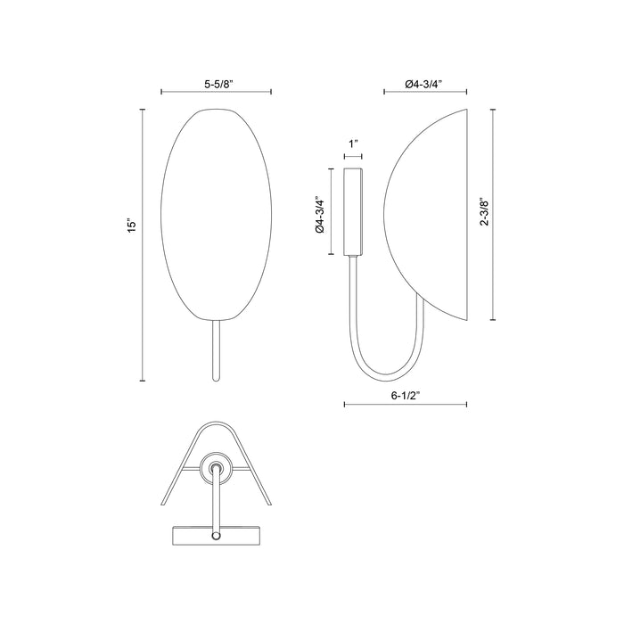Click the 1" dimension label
click(x=353, y=143)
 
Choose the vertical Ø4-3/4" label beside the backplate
click(x=317, y=214)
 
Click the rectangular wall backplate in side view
click(x=353, y=211)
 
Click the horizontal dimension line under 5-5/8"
click(x=203, y=92)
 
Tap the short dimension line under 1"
click(x=353, y=156)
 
